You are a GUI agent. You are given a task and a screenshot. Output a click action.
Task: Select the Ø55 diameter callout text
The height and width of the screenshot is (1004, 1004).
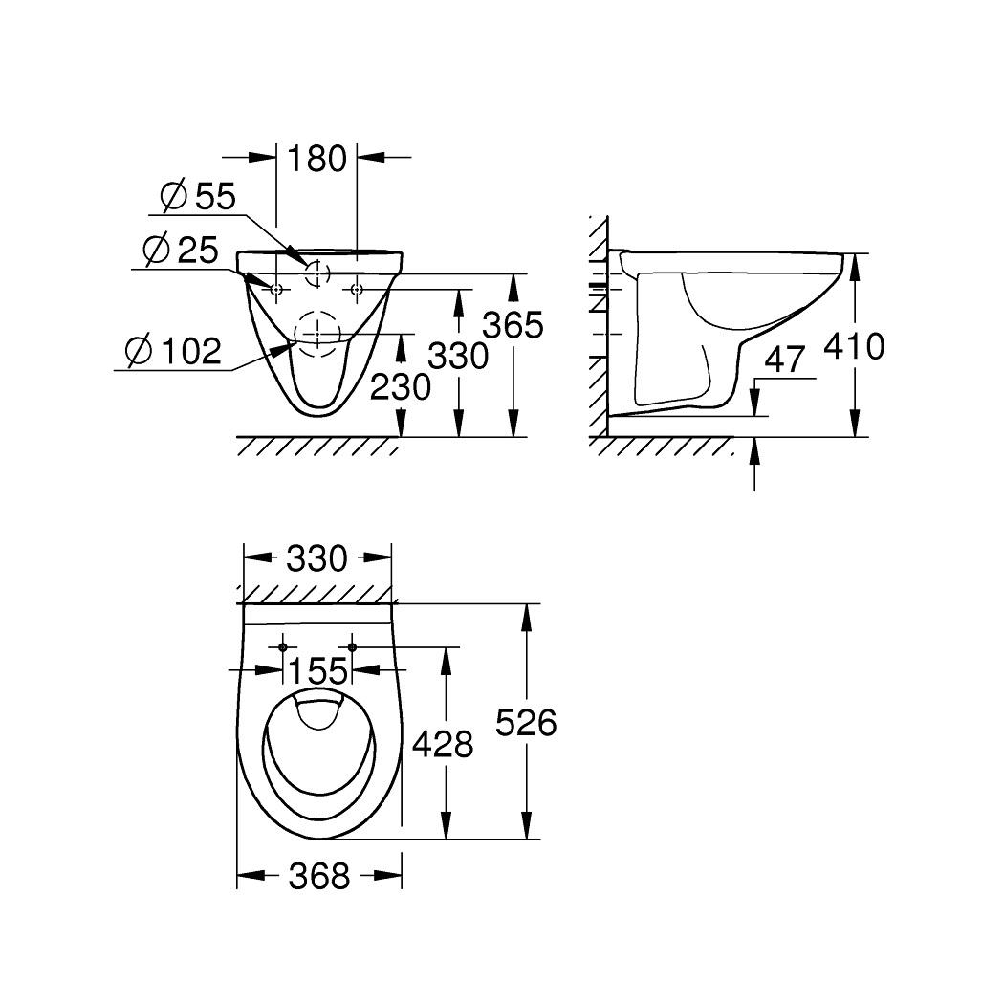(x=198, y=198)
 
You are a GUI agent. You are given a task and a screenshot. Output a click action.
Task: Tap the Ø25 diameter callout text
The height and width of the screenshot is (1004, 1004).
(x=181, y=251)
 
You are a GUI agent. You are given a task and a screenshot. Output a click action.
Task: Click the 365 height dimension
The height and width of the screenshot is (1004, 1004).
(x=512, y=326)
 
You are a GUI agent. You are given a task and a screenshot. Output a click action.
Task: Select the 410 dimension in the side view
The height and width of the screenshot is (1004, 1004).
(x=854, y=346)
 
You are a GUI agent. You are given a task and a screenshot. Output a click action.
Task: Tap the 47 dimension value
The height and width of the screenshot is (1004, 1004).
(x=786, y=361)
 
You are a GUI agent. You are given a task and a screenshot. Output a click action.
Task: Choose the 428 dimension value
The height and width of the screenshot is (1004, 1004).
(x=443, y=744)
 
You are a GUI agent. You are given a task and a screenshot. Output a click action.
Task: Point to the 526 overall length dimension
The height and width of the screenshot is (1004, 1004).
(x=526, y=723)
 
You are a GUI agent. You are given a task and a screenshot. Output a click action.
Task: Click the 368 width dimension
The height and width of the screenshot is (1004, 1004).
(x=318, y=875)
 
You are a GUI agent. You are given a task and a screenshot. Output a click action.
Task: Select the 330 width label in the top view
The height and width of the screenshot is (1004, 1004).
(x=317, y=558)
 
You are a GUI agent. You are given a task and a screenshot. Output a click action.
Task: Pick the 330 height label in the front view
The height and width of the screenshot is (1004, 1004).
(x=457, y=357)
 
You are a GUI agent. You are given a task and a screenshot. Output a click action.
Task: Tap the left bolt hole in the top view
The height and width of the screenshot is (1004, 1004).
(x=283, y=647)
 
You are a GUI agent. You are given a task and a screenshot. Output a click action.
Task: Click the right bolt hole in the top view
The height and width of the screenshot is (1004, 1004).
(x=352, y=647)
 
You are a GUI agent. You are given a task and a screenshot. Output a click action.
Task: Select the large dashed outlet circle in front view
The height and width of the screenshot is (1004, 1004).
(x=317, y=328)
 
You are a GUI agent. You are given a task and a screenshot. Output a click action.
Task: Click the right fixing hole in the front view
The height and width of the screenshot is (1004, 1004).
(x=357, y=289)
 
